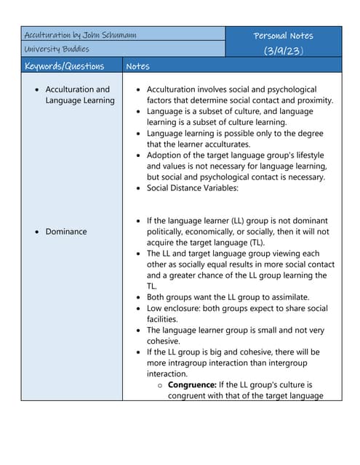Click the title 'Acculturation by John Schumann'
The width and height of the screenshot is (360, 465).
[x=80, y=35]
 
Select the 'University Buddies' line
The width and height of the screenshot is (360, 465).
[x=57, y=49]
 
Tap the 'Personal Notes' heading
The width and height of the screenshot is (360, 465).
[x=283, y=36]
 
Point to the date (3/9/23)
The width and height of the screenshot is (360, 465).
[x=283, y=50]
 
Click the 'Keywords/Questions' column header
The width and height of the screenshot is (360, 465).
[x=64, y=66]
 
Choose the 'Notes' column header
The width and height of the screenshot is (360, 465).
[x=137, y=66]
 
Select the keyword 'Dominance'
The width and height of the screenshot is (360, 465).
[x=66, y=232]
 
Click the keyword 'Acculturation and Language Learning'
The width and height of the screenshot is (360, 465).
[x=79, y=95]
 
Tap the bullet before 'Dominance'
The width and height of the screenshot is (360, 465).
[x=37, y=232]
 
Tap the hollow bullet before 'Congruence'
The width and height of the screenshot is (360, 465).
[x=160, y=385]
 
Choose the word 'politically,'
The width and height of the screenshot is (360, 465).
[x=170, y=232]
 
